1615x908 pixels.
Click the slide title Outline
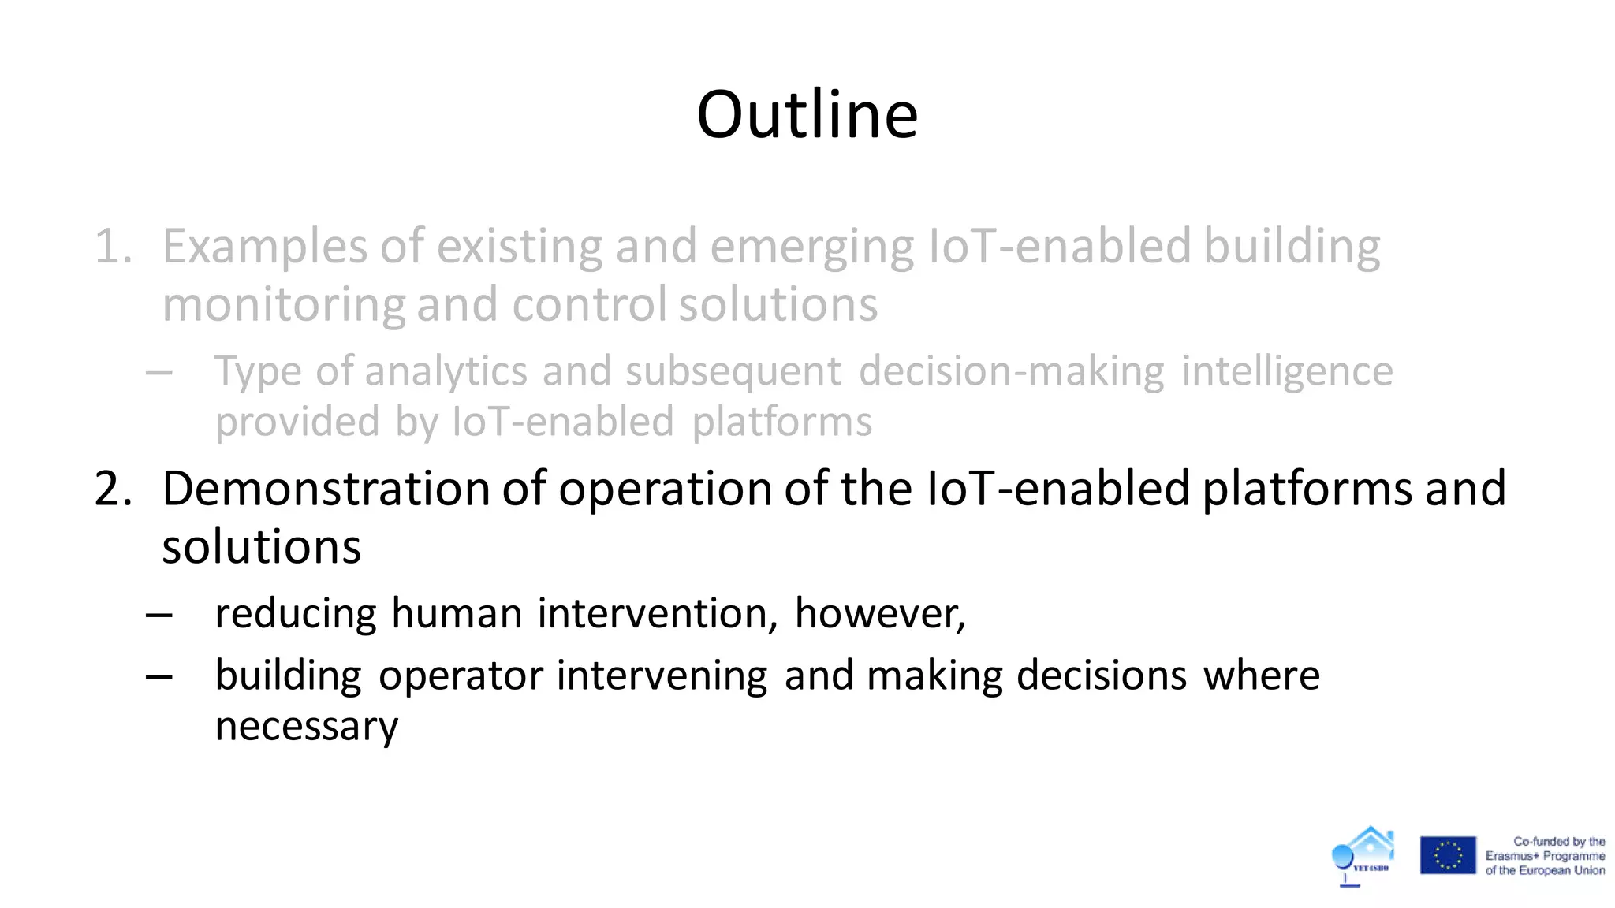807,115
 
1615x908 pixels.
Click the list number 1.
113,247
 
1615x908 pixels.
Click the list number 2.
113,489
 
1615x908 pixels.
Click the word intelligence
1287,372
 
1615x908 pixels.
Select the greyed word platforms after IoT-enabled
781,422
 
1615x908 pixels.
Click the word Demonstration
326,489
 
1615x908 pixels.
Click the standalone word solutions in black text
261,547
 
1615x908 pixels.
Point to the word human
457,613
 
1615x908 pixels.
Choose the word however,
879,613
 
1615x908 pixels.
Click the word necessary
306,727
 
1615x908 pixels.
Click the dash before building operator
159,676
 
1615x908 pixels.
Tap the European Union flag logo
1448,856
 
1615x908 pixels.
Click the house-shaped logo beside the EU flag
1364,855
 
